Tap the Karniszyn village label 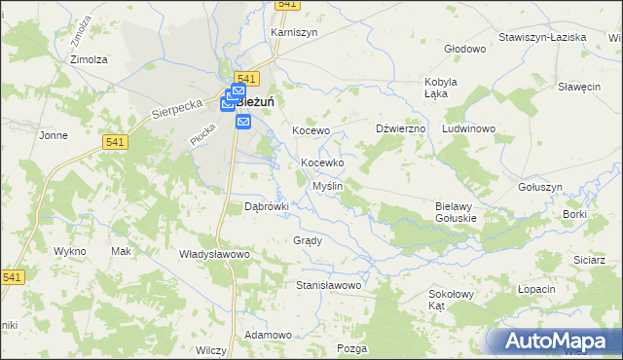click(294, 32)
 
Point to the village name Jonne click(53, 135)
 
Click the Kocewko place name click(322, 162)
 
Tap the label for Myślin click(326, 185)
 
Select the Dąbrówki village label click(267, 206)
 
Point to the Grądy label click(307, 239)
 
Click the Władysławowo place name click(215, 253)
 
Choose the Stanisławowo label click(329, 286)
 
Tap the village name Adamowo click(268, 335)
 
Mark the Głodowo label click(464, 49)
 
